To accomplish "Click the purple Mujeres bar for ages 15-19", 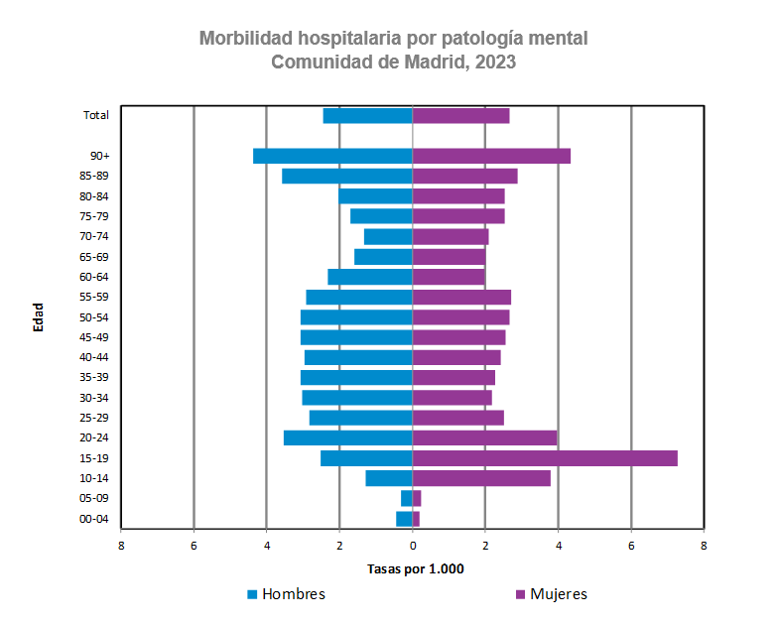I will coord(545,458).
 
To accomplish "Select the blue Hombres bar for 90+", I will coord(332,156).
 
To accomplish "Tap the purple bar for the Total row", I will coord(460,116).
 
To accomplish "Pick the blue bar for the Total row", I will coord(367,116).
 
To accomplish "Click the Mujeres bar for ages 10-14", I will coord(481,478).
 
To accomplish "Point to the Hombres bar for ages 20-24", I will coord(347,438).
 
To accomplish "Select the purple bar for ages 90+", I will coord(491,156).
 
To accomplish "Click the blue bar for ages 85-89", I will coord(346,177).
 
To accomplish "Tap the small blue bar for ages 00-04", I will coord(404,519).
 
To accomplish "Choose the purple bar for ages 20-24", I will coord(484,438).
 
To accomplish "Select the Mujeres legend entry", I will coord(558,594).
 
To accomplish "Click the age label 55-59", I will coord(93,297).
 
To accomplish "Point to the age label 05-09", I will coord(93,499).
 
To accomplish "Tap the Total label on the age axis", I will coord(95,115).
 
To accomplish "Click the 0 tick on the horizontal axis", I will coord(413,545).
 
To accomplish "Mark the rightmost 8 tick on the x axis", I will coord(704,545).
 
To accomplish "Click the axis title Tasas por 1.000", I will coord(415,569).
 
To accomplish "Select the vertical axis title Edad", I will coord(39,316).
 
